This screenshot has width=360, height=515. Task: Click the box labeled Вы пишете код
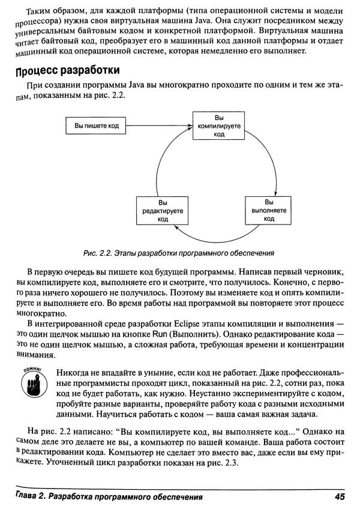pyautogui.click(x=96, y=126)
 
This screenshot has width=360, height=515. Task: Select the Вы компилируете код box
pyautogui.click(x=219, y=126)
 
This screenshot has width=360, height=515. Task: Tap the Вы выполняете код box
pyautogui.click(x=269, y=211)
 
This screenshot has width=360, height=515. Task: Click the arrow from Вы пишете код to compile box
pyautogui.click(x=159, y=126)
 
